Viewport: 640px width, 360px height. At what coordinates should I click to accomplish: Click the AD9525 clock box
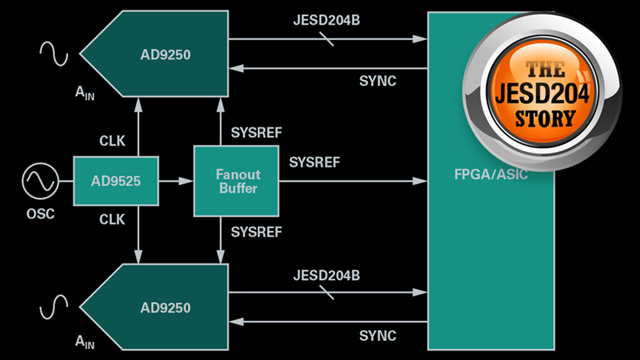coord(116,181)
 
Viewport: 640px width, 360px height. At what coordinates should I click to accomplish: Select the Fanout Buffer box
coord(236,181)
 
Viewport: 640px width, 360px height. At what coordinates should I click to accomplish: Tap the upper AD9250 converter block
coord(165,54)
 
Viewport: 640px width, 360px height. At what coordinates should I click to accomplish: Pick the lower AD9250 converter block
coord(165,307)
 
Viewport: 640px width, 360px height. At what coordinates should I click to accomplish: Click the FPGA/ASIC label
coord(491,174)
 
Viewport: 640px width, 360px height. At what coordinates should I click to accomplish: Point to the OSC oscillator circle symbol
coord(40,181)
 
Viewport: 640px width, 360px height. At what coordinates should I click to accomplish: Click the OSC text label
coord(40,214)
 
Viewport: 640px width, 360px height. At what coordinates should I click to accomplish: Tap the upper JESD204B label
coord(326,20)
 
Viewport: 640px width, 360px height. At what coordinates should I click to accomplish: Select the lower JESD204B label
coord(326,275)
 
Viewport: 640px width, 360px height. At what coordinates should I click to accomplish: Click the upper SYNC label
coord(377,81)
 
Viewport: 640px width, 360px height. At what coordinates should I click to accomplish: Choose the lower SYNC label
coord(377,336)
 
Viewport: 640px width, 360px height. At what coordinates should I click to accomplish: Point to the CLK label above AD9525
coord(112,141)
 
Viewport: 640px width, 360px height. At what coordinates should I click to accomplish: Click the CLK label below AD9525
coord(112,219)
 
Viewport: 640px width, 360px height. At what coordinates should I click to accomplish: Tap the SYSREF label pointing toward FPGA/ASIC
coord(314,162)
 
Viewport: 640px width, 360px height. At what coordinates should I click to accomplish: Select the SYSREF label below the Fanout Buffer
coord(256,232)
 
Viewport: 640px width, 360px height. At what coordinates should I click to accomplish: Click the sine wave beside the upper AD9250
coord(54,53)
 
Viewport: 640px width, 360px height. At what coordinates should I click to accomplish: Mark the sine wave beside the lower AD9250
coord(54,307)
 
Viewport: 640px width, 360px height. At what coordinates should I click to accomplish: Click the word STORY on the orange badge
coord(545,119)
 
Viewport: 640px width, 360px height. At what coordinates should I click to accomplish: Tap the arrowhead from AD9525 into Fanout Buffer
coord(186,181)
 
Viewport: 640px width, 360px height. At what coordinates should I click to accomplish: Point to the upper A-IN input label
coord(85,93)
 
